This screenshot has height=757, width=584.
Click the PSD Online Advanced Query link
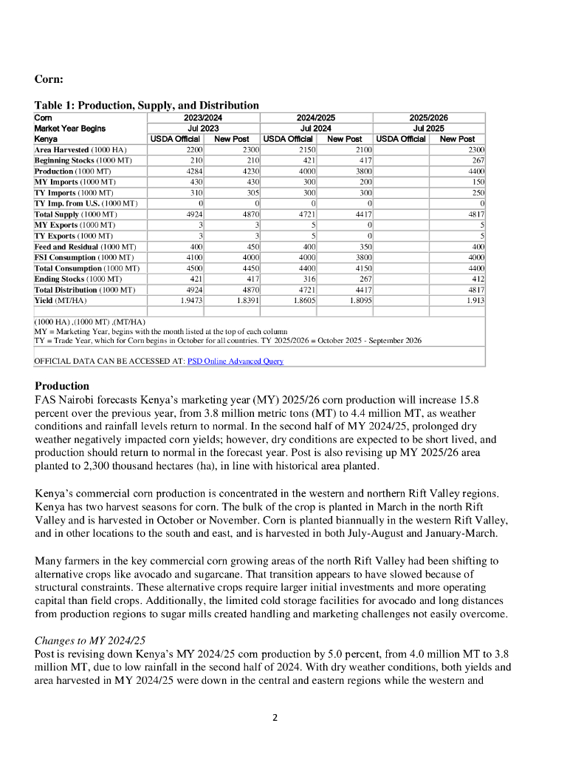tap(236, 361)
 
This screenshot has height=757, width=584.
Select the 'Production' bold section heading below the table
tap(62, 386)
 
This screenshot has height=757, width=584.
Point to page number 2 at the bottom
tap(275, 717)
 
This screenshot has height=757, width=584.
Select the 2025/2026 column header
tap(429, 118)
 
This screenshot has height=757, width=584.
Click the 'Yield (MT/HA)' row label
tap(61, 301)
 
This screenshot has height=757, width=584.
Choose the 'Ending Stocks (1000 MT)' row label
tap(78, 279)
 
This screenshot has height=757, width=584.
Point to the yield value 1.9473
tap(190, 301)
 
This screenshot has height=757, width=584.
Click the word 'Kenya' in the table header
tap(46, 138)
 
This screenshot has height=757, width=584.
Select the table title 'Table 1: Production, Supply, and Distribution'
tap(147, 105)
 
